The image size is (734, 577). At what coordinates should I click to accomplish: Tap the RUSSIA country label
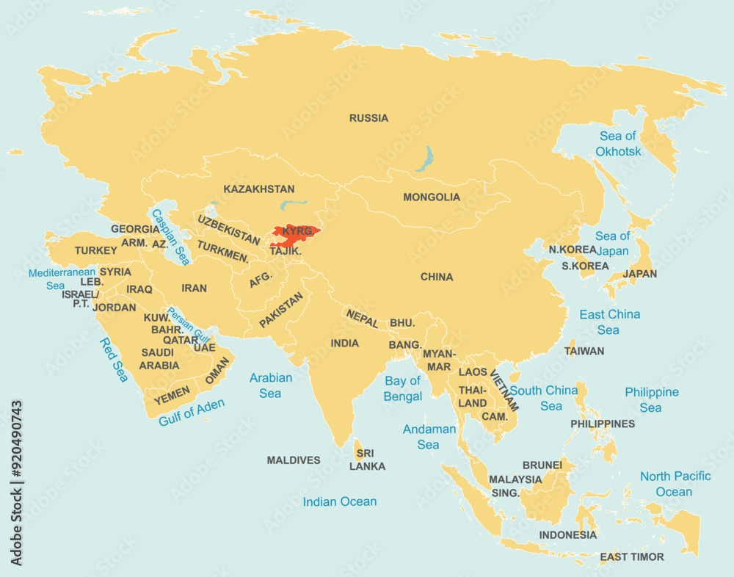pyautogui.click(x=368, y=118)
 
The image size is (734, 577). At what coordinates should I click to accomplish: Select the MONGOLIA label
pyautogui.click(x=432, y=197)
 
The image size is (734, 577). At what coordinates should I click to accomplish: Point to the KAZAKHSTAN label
pyautogui.click(x=259, y=189)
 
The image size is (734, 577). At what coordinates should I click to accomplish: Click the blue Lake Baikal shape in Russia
pyautogui.click(x=424, y=158)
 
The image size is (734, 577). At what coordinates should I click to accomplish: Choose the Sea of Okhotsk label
pyautogui.click(x=618, y=144)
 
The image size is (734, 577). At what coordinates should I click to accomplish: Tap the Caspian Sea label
pyautogui.click(x=170, y=237)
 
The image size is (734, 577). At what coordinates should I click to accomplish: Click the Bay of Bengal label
pyautogui.click(x=403, y=388)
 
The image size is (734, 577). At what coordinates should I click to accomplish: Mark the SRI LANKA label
pyautogui.click(x=367, y=460)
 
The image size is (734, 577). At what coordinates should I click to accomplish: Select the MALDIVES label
pyautogui.click(x=294, y=460)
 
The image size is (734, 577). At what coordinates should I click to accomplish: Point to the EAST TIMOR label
pyautogui.click(x=631, y=557)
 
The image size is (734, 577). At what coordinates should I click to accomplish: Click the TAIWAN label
pyautogui.click(x=584, y=351)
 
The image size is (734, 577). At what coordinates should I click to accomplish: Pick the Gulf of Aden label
pyautogui.click(x=192, y=412)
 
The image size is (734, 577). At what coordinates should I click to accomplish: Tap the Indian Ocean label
pyautogui.click(x=340, y=502)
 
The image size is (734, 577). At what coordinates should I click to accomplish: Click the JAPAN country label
pyautogui.click(x=639, y=274)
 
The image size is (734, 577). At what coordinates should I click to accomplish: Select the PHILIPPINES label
pyautogui.click(x=603, y=424)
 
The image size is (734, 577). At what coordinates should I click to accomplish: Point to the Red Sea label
pyautogui.click(x=115, y=360)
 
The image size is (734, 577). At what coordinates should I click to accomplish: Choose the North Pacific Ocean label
pyautogui.click(x=675, y=484)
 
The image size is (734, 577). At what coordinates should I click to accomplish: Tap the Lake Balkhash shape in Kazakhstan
pyautogui.click(x=294, y=206)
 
